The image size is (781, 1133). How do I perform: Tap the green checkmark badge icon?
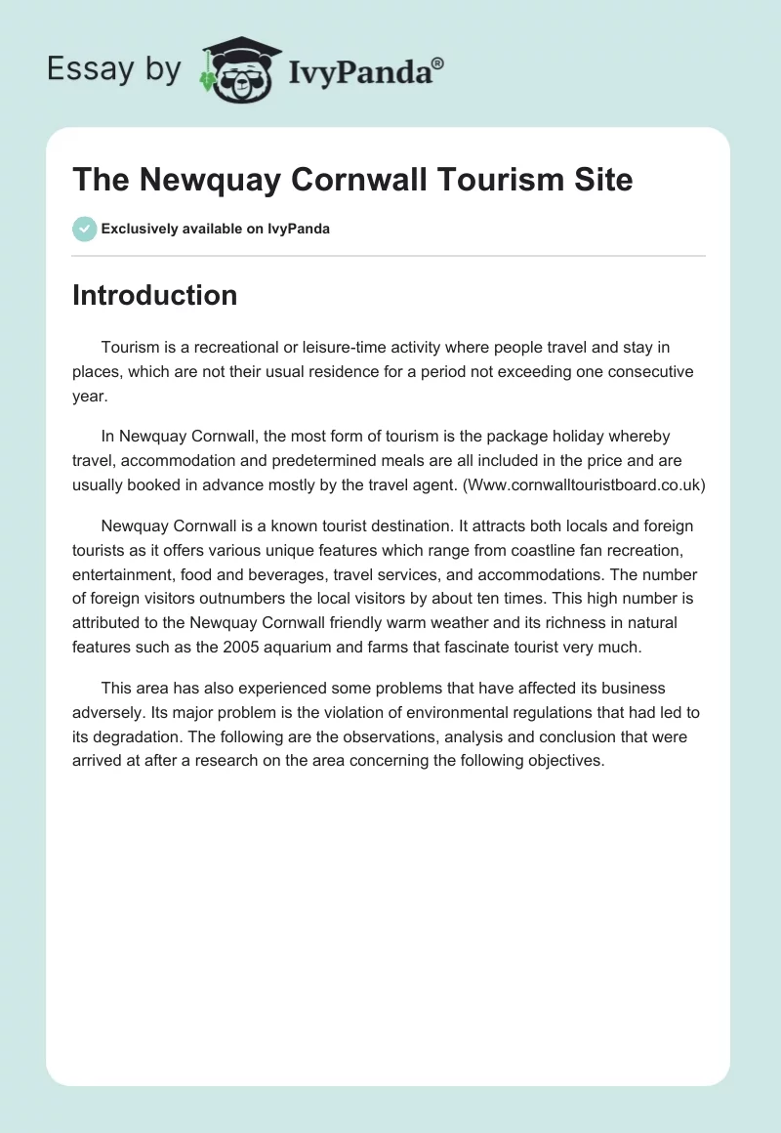click(84, 229)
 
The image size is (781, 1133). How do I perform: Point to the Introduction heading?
click(154, 295)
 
